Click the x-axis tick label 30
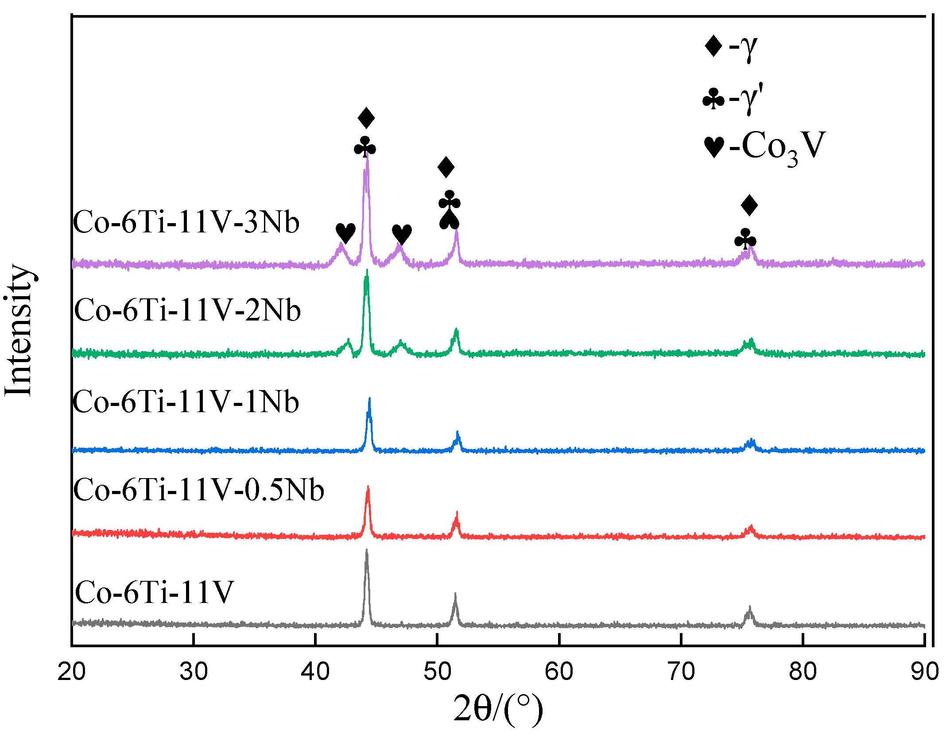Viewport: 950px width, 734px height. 194,672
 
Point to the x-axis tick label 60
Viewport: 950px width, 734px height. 559,672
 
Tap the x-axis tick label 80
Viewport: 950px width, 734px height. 803,672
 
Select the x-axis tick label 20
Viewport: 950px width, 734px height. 72,672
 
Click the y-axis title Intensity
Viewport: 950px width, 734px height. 19,330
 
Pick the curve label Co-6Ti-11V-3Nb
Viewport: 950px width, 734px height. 186,222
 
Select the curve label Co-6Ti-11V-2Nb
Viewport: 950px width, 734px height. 187,310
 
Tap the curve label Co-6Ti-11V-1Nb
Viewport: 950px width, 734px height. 186,402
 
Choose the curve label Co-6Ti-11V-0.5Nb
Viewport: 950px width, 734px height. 199,490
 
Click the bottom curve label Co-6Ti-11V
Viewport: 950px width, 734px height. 154,592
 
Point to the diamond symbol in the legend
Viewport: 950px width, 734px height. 713,46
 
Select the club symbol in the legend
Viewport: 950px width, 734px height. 713,99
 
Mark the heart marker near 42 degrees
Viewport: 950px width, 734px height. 345,233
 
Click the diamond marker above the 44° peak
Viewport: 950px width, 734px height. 366,118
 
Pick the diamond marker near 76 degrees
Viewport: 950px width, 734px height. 749,205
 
